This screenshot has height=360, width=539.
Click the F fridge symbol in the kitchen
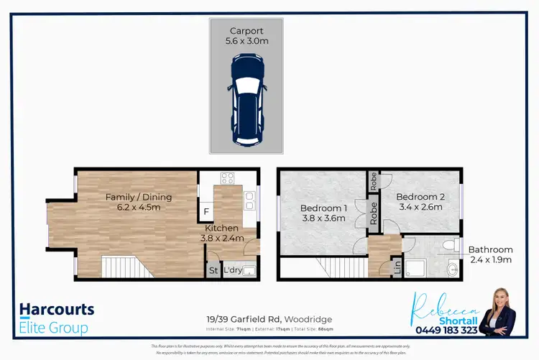coord(207,212)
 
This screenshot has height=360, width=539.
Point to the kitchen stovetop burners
coord(229,178)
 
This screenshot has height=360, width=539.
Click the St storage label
coord(213,271)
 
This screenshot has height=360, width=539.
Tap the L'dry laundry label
coord(233,271)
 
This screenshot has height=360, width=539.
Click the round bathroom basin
coord(451,271)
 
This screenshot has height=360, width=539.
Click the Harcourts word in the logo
coord(57,310)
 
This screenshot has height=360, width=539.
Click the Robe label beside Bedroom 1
coord(373,213)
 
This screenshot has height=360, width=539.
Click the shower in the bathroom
coord(418,268)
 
